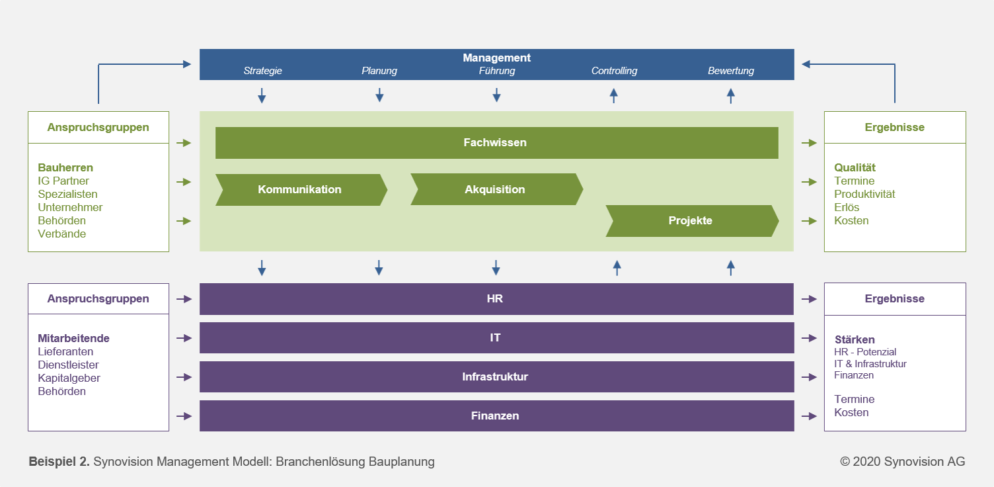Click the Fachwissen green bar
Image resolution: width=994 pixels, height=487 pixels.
(496, 143)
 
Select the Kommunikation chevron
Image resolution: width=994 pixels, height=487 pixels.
(301, 190)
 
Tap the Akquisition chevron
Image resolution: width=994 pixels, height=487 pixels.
(496, 189)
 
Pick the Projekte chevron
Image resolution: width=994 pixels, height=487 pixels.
(692, 221)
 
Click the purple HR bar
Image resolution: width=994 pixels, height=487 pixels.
(496, 299)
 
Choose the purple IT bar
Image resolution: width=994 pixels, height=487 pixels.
(496, 337)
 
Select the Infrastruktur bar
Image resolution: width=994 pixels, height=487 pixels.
(496, 376)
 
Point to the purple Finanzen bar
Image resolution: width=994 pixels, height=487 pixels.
(496, 416)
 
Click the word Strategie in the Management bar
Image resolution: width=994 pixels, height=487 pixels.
(262, 71)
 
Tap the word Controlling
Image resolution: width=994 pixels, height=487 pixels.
(614, 71)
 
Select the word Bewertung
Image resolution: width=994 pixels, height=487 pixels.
(731, 71)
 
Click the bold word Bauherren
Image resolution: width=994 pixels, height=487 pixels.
(65, 167)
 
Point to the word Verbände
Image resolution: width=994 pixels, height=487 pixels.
(61, 234)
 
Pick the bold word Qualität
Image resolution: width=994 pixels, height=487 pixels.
(855, 167)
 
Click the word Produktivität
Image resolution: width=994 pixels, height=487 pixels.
(864, 194)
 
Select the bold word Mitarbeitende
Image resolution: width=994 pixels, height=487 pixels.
(73, 338)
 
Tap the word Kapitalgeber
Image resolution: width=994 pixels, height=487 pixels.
(69, 378)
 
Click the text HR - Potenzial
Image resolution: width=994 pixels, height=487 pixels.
(865, 352)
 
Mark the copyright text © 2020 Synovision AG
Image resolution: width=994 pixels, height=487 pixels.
(902, 462)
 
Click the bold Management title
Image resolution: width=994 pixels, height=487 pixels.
(496, 58)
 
